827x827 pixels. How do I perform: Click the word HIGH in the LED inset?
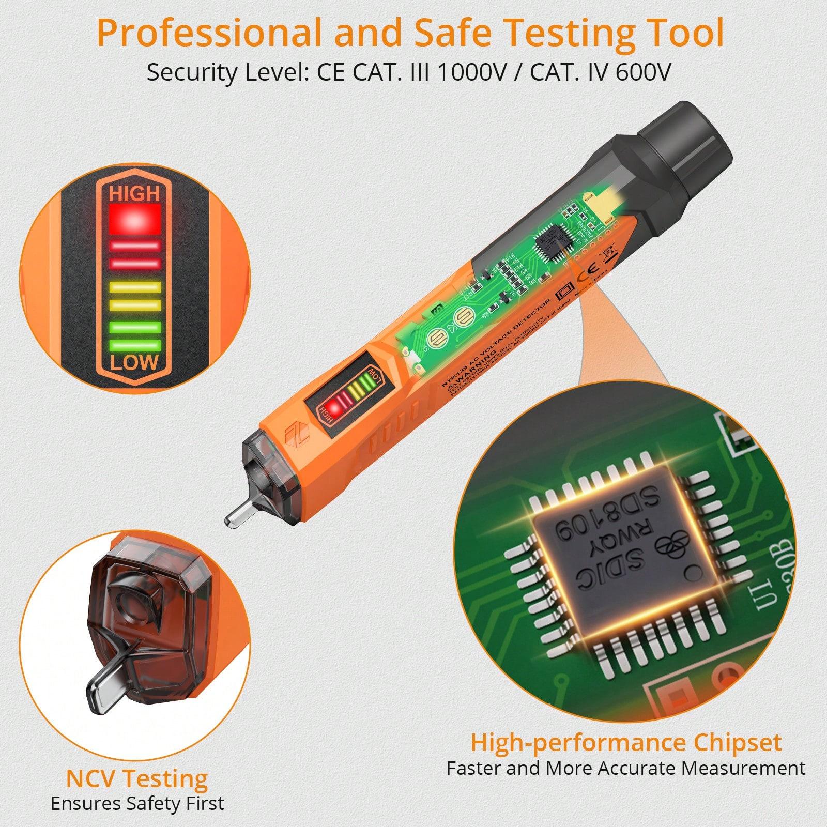point(134,194)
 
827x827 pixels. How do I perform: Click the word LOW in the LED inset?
point(134,362)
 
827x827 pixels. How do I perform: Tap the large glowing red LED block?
point(134,219)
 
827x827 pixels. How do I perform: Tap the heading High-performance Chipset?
point(625,743)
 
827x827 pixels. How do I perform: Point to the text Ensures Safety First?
point(137,804)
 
